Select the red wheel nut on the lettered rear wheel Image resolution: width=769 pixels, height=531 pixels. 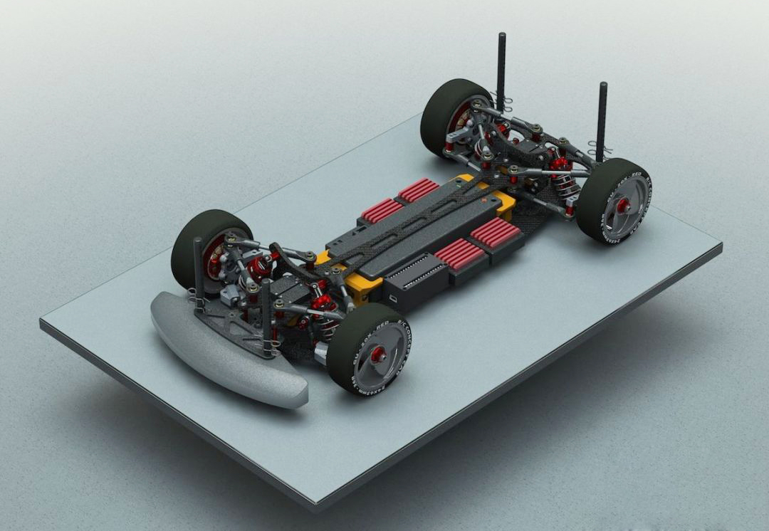pyautogui.click(x=623, y=206)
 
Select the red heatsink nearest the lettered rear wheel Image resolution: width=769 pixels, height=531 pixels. pyautogui.click(x=496, y=232)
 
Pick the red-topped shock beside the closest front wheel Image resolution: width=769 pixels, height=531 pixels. pyautogui.click(x=325, y=313)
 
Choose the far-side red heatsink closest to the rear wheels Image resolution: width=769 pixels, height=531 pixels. pyautogui.click(x=419, y=189)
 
